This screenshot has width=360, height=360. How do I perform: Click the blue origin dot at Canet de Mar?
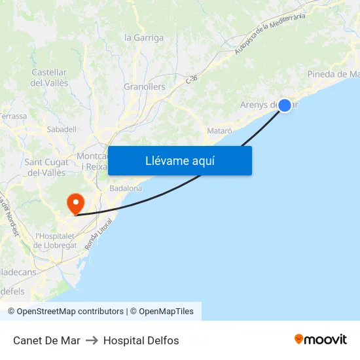click(x=285, y=105)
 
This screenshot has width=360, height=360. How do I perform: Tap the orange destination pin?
click(x=76, y=203)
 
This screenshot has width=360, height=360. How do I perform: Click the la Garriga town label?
click(x=144, y=37)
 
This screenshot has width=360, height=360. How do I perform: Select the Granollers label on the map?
click(x=144, y=86)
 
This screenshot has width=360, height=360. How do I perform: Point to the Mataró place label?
click(x=219, y=131)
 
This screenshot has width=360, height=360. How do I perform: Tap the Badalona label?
click(x=126, y=189)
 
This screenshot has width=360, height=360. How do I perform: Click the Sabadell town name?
click(x=62, y=130)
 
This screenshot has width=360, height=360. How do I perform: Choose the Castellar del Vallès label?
click(x=49, y=78)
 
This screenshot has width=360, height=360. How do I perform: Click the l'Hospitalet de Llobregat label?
click(x=56, y=241)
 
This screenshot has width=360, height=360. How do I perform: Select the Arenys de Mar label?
click(x=262, y=105)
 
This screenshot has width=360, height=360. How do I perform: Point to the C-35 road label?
click(x=191, y=79)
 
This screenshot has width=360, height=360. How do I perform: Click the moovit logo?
click(x=320, y=340)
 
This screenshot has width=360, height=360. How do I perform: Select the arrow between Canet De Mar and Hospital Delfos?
click(x=92, y=340)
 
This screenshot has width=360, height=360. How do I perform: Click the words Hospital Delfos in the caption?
click(x=141, y=340)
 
